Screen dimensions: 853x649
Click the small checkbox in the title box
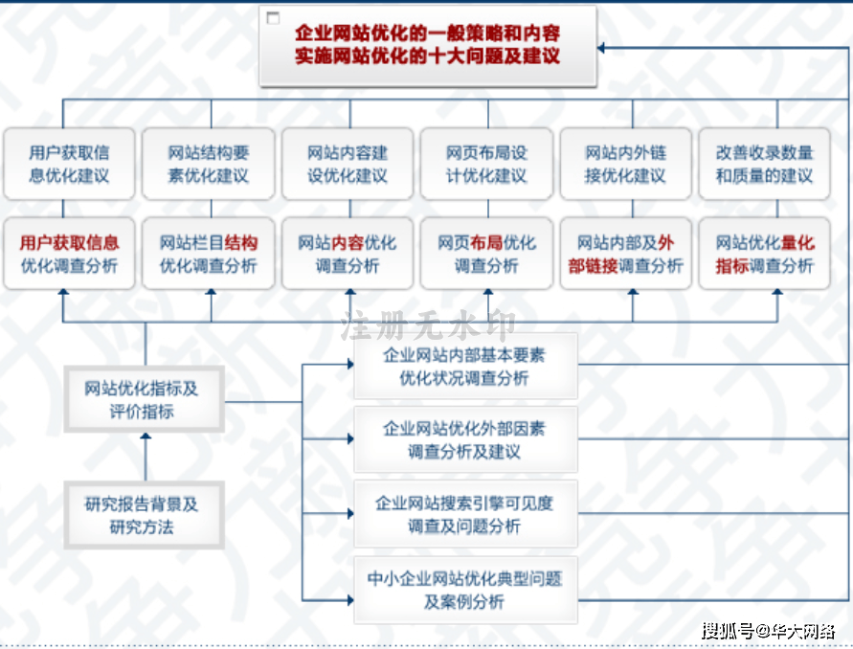point(273,18)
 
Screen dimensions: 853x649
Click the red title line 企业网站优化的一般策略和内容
point(428,34)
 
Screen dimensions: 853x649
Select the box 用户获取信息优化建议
point(69,164)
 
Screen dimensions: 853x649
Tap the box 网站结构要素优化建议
point(209,164)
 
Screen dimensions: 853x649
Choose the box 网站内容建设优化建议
point(348,164)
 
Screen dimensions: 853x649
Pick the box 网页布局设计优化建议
point(487,164)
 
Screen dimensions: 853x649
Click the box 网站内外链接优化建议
point(625,164)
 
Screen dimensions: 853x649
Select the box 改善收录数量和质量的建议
point(764,164)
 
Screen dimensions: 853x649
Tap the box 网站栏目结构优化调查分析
point(209,254)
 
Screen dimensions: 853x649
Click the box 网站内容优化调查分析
point(348,254)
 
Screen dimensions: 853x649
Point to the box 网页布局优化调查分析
point(487,254)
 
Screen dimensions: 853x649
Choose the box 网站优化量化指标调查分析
point(764,254)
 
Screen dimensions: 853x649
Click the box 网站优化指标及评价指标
point(145,399)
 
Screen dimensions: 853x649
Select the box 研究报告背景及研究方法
point(145,515)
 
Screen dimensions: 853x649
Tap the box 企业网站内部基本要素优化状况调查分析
point(465,366)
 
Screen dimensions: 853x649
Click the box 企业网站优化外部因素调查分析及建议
point(465,439)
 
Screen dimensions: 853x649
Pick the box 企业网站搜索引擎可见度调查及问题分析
point(465,513)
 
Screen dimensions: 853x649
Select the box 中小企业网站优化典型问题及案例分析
point(465,590)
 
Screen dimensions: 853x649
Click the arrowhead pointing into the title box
point(601,48)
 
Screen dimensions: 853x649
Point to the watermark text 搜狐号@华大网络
point(768,631)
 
